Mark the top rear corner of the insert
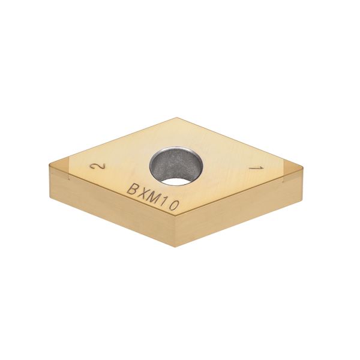[178, 119]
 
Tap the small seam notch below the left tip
[68, 178]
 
